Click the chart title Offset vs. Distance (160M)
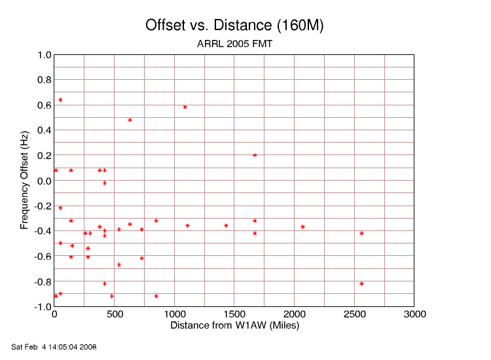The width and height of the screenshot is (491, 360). tap(234, 26)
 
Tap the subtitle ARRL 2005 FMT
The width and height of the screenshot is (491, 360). tap(234, 45)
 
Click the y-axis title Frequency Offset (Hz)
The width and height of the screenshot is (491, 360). tap(25, 181)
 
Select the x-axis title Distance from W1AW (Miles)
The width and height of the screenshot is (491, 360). tap(234, 325)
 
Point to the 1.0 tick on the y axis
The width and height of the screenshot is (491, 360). tap(44, 55)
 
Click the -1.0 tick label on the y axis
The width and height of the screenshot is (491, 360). tap(43, 307)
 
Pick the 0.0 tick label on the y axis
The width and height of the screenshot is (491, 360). tap(44, 181)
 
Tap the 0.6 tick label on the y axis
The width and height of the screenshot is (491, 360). tap(44, 105)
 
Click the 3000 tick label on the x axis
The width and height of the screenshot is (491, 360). tap(414, 315)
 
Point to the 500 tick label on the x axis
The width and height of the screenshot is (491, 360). tap(115, 315)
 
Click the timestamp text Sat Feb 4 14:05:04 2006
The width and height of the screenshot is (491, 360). tap(54, 346)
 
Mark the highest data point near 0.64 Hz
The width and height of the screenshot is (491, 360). tap(60, 100)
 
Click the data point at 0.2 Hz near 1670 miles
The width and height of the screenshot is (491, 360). tap(255, 155)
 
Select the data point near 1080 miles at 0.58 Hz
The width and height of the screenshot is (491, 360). tap(185, 107)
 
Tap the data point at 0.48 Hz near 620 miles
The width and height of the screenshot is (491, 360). tap(130, 120)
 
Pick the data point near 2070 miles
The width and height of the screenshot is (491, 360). tap(302, 227)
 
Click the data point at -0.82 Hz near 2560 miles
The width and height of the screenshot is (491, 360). tap(361, 283)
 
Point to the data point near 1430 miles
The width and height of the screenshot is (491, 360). tap(226, 226)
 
